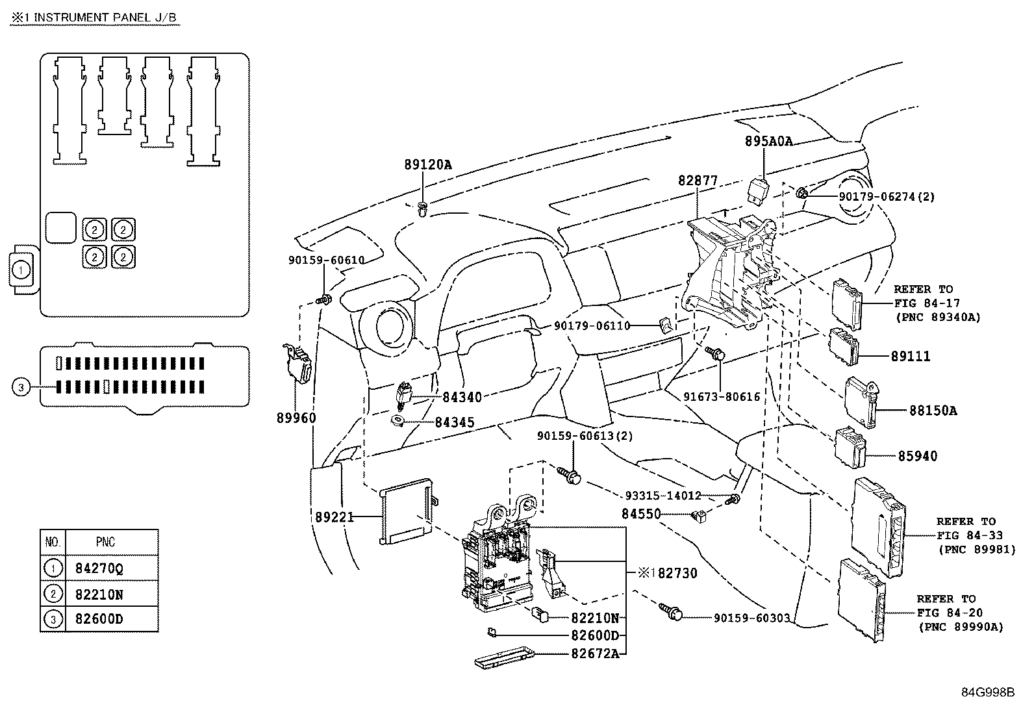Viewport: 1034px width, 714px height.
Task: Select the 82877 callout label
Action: [x=698, y=181]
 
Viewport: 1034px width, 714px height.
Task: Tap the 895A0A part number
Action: [x=768, y=141]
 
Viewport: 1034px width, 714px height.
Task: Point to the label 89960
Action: [x=296, y=418]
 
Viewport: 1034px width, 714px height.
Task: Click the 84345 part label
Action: [x=454, y=422]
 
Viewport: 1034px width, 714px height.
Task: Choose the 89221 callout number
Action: [x=334, y=517]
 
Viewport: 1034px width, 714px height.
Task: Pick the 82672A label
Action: [x=595, y=654]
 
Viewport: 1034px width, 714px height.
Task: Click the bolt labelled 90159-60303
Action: [x=671, y=611]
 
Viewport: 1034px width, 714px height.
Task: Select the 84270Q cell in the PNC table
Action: [x=99, y=568]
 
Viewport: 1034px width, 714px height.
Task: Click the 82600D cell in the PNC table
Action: [x=99, y=619]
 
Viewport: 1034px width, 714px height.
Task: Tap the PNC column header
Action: [x=105, y=542]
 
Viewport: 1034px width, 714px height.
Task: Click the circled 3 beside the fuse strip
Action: [x=21, y=388]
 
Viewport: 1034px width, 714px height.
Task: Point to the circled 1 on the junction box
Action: [x=21, y=268]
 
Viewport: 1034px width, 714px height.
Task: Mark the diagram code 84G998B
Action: [x=988, y=693]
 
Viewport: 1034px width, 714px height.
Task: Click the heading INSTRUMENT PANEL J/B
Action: [x=104, y=18]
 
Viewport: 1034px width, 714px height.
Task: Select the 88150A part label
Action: [x=933, y=411]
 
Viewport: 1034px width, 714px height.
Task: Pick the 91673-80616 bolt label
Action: [x=721, y=396]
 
